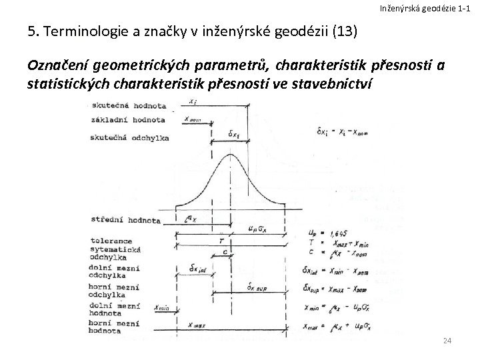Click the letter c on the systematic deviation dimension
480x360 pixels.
pyautogui.click(x=225, y=252)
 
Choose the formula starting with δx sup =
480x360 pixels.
pyautogui.click(x=341, y=288)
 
